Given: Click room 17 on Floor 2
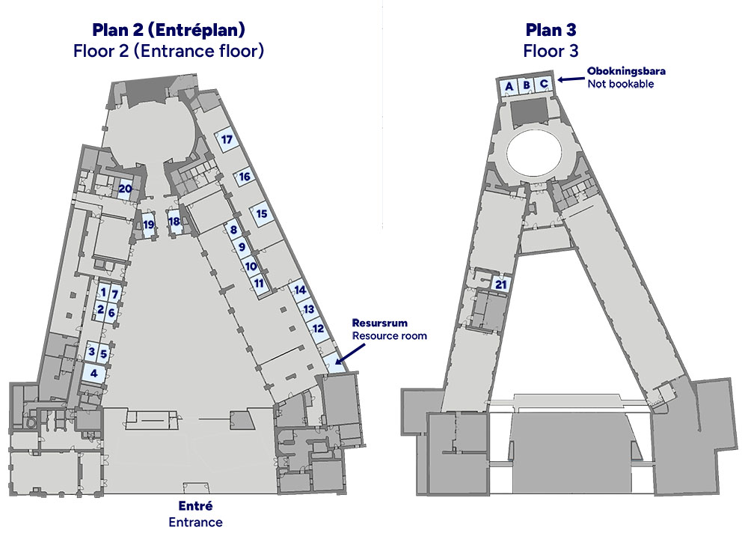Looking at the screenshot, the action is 227,140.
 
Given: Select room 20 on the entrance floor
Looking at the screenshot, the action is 125,189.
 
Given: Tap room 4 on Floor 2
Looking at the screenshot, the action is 94,373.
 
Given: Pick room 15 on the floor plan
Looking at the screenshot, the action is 261,214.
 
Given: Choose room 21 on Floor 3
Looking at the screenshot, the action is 501,284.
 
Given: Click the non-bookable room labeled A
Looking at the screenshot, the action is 509,86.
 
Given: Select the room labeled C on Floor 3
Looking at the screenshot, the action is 543,85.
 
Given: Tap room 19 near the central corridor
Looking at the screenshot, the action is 149,225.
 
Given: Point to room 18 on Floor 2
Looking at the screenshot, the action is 174,222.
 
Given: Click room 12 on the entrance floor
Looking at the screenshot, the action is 318,329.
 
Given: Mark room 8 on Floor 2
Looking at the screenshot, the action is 233,230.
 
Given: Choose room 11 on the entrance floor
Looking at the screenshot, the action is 259,284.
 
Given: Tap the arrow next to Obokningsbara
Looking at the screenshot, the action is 571,79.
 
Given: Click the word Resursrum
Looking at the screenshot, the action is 380,323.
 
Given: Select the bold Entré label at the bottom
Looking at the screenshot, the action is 195,506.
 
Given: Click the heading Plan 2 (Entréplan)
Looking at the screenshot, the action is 168,30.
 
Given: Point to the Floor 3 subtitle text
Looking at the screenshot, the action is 551,51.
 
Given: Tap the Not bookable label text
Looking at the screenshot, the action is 621,84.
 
